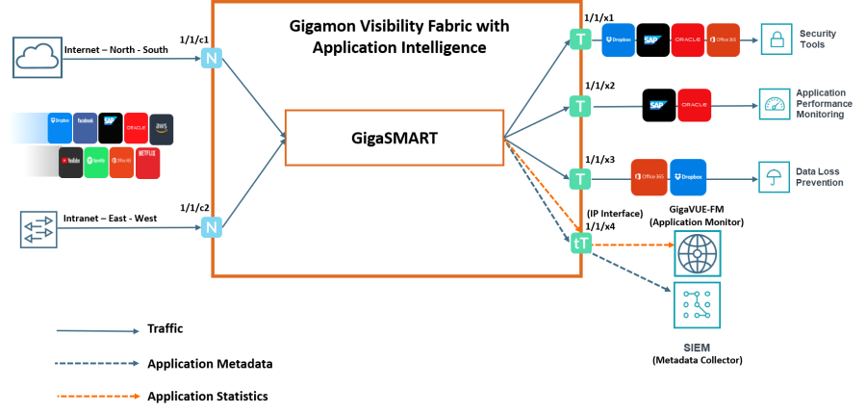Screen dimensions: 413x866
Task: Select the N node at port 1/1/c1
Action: coord(210,58)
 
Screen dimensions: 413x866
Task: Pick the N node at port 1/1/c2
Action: coord(210,227)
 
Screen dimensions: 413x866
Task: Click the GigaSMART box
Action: coord(395,139)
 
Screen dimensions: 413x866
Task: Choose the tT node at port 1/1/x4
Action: coord(580,245)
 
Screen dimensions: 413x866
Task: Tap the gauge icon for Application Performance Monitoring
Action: coord(773,103)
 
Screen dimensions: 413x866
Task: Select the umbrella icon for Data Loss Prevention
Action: coord(774,177)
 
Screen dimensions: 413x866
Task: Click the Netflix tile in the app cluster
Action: coord(147,163)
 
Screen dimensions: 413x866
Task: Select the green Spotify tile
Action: coord(96,163)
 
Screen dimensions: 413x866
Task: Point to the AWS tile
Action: coord(161,129)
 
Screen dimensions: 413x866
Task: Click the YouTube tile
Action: coord(71,163)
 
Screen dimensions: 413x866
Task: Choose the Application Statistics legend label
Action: coord(207,396)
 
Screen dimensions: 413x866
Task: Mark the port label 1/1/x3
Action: coord(599,160)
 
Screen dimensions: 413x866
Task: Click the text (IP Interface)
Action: coord(615,213)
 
